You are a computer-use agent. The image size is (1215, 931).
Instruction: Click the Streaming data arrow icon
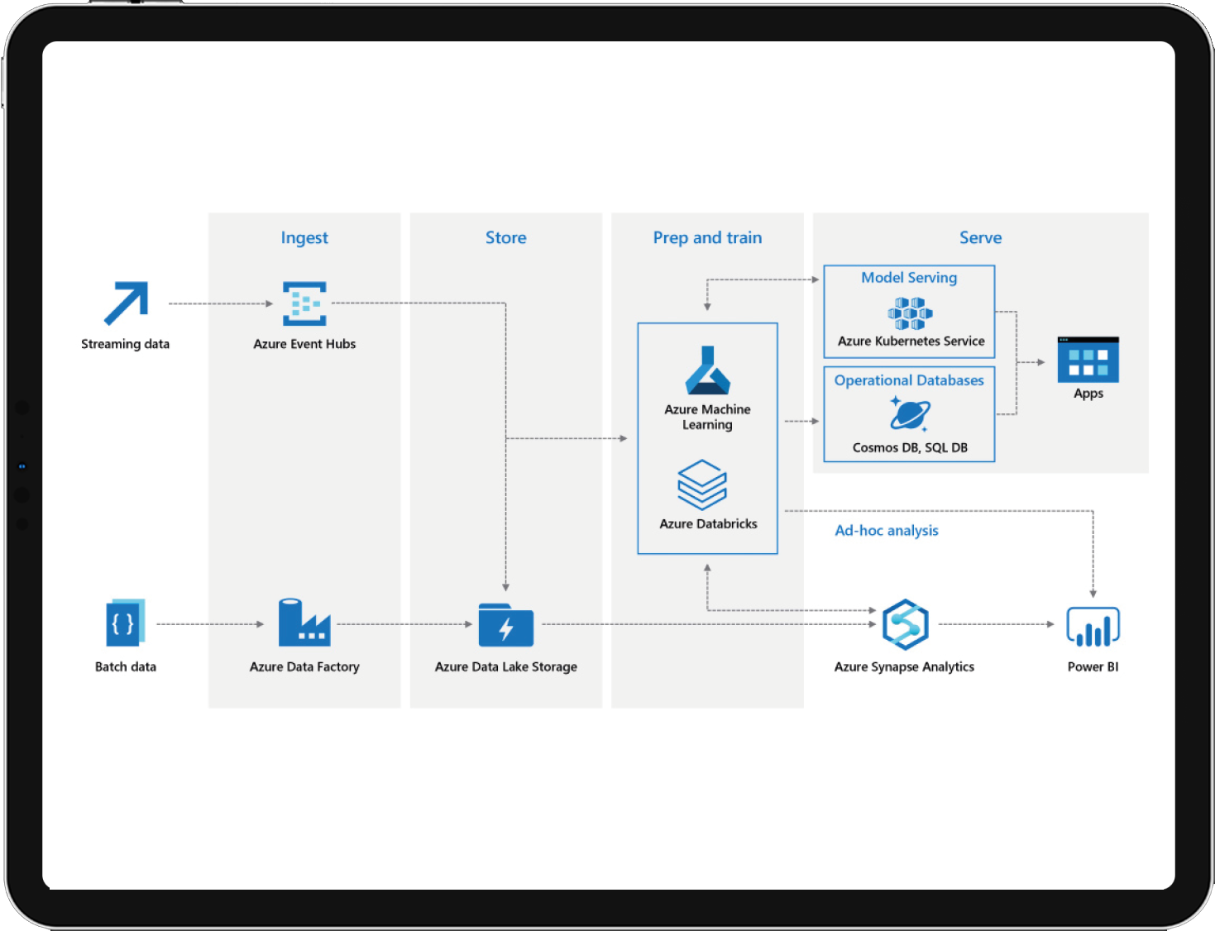(x=127, y=303)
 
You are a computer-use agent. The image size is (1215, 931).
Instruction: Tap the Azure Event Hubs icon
(x=304, y=303)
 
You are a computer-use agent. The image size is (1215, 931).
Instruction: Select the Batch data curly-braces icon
(x=125, y=623)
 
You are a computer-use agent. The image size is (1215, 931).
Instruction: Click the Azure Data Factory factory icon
(x=304, y=623)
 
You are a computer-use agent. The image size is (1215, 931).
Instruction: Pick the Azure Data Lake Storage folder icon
(x=505, y=625)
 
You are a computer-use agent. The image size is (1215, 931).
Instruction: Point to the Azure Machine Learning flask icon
(x=707, y=370)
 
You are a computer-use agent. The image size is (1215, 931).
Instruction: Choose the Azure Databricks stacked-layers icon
(x=701, y=485)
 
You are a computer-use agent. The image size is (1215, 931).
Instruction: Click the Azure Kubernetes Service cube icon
(x=910, y=313)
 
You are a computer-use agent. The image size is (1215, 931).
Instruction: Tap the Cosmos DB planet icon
(x=910, y=414)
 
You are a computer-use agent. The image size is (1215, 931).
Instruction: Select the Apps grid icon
(x=1088, y=360)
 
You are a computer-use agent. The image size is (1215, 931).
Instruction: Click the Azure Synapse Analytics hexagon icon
(x=905, y=624)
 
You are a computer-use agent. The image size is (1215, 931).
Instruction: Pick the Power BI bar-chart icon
(x=1093, y=627)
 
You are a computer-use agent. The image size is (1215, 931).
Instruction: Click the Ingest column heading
(x=304, y=238)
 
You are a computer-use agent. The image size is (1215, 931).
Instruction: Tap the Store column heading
(x=505, y=237)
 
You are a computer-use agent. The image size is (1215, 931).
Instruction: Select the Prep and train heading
(x=707, y=238)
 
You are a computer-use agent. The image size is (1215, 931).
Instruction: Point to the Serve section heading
(x=980, y=237)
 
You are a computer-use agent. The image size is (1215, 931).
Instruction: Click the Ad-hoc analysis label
(x=886, y=530)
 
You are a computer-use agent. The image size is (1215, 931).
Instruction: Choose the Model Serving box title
(x=909, y=278)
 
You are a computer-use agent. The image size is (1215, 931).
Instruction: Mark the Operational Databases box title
(x=909, y=380)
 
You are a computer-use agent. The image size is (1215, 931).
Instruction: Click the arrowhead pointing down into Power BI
(x=1093, y=594)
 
